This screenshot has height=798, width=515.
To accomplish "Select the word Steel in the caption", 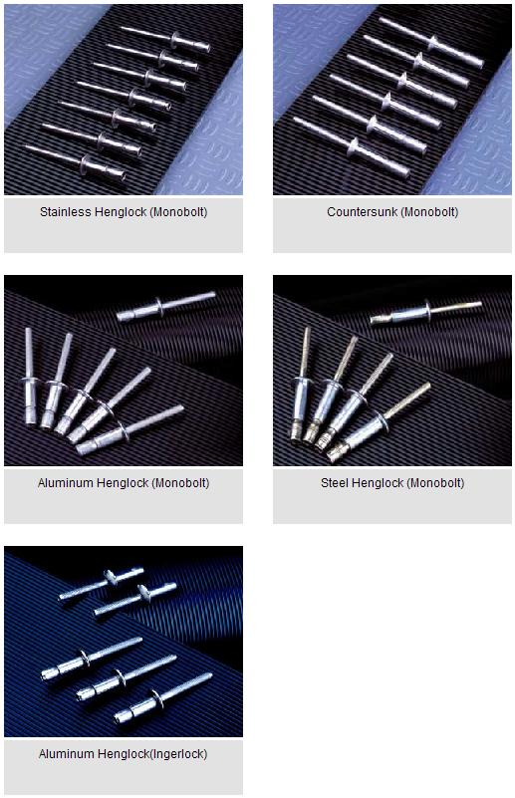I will coord(335,483).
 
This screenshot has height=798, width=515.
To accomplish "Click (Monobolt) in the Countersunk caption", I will coord(430,212).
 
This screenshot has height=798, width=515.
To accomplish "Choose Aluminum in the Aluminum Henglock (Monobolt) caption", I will coord(66,483).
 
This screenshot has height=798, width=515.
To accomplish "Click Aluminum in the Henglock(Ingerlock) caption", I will coord(66,754).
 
